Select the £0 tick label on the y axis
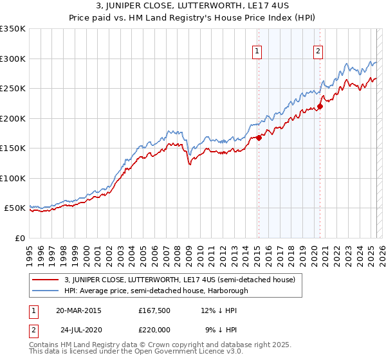click(19, 238)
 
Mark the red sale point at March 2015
click(259, 137)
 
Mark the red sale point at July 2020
click(320, 106)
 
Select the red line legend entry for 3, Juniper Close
click(180, 280)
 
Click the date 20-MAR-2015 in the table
click(78, 310)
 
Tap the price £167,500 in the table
click(153, 310)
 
